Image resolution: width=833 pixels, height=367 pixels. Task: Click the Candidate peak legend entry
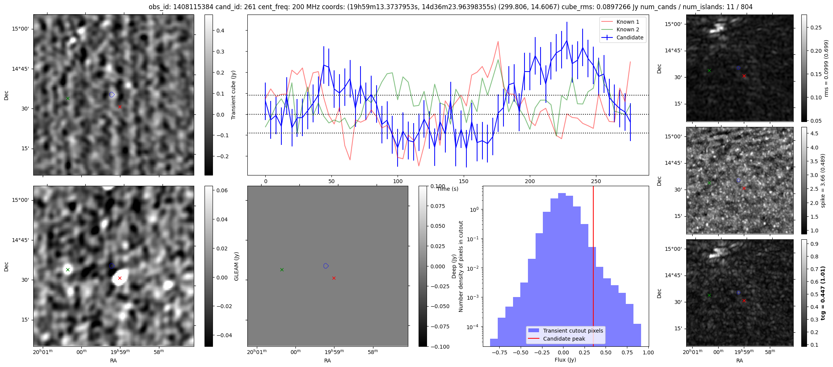click(x=564, y=339)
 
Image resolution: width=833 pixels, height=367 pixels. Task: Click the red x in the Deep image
click(x=120, y=278)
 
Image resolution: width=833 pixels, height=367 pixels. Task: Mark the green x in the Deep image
click(x=68, y=270)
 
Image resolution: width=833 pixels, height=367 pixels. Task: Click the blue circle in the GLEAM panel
click(x=326, y=266)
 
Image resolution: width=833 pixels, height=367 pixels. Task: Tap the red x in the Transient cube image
click(x=120, y=107)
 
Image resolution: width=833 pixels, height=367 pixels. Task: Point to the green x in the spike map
click(x=709, y=183)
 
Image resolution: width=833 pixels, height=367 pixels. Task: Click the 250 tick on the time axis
click(x=596, y=181)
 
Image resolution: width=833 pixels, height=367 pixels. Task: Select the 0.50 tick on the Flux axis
click(x=606, y=352)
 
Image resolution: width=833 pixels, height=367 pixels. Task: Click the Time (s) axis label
click(x=447, y=189)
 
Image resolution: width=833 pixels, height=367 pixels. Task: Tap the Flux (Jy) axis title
click(x=565, y=360)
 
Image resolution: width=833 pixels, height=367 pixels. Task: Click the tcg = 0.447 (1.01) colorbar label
click(x=823, y=293)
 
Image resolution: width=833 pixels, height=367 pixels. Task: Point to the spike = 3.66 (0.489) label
click(x=823, y=180)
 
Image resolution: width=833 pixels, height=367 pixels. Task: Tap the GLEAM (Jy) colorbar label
click(x=236, y=266)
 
